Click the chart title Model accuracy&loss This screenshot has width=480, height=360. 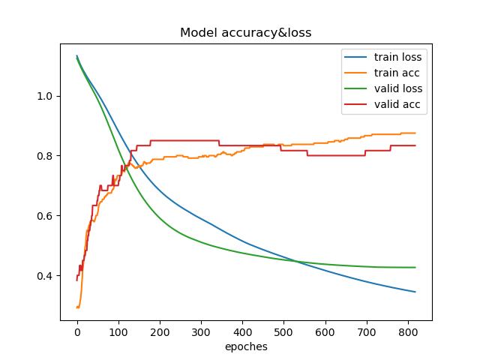246,33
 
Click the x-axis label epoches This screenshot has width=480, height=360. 246,346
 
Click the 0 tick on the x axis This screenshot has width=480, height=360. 77,331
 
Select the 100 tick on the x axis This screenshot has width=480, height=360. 118,331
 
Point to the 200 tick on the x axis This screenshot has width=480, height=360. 160,331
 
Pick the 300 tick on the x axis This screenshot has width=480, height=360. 201,331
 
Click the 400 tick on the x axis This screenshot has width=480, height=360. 242,331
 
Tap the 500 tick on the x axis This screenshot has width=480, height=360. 283,331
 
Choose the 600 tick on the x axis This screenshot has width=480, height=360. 325,331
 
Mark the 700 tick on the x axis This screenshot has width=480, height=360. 366,331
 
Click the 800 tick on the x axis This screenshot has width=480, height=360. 407,331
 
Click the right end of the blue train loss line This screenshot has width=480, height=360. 415,292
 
